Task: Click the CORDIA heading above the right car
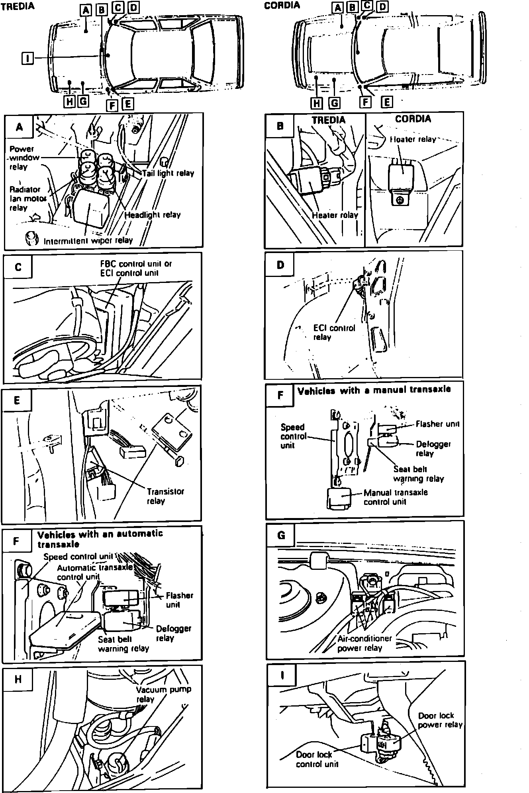[x=282, y=5]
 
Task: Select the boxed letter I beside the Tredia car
[x=27, y=59]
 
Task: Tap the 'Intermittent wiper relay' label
[x=88, y=241]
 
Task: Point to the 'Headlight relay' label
[x=153, y=215]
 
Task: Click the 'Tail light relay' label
[x=168, y=173]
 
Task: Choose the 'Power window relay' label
[x=24, y=158]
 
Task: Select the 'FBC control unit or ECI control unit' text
[x=135, y=268]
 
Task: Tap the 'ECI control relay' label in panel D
[x=333, y=332]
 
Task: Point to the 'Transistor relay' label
[x=165, y=496]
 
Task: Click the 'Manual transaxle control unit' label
[x=395, y=497]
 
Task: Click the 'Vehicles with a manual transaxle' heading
[x=374, y=390]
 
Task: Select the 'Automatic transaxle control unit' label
[x=95, y=572]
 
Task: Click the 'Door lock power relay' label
[x=440, y=720]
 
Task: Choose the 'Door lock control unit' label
[x=317, y=759]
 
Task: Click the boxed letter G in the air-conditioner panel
[x=281, y=535]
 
